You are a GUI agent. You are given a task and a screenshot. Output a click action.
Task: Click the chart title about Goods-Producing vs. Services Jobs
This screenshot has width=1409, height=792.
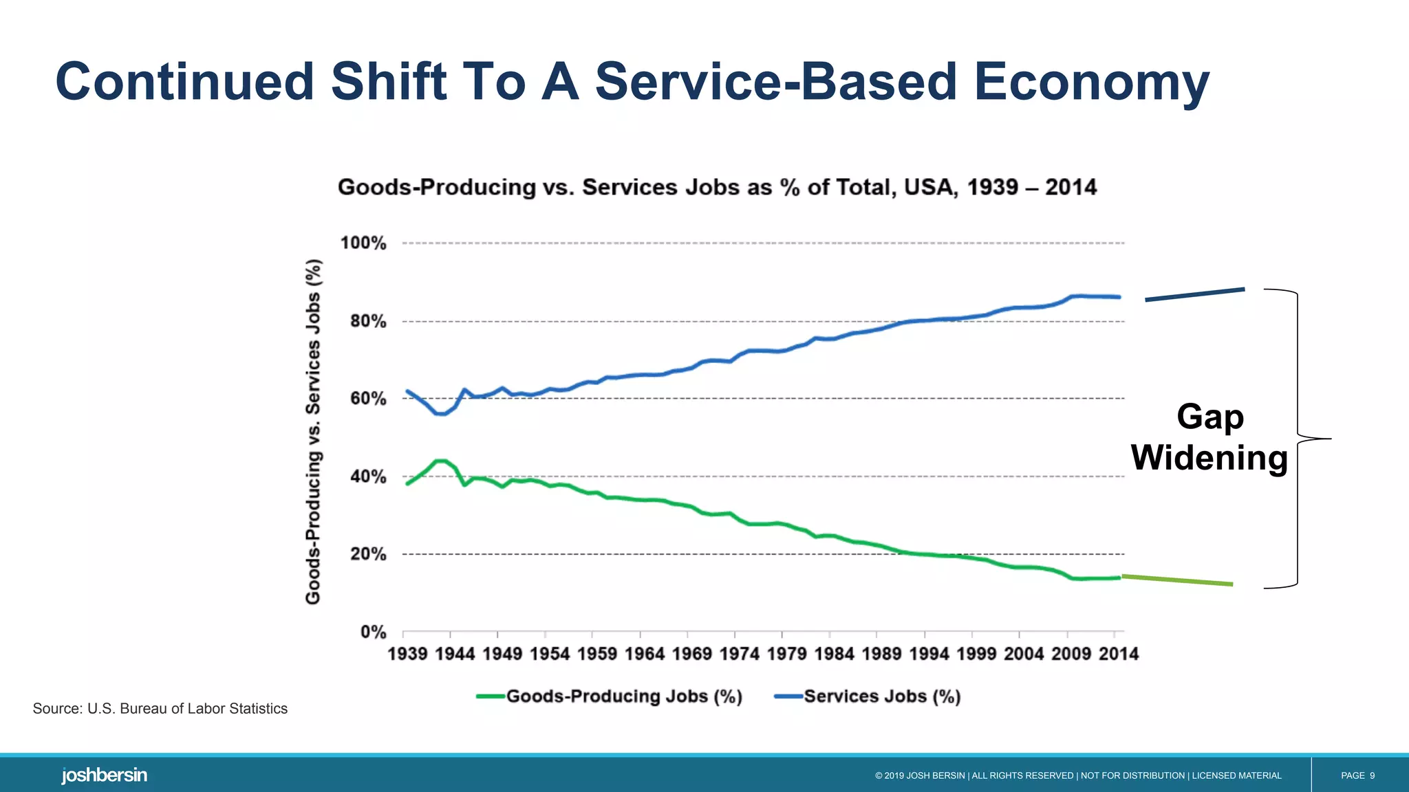coord(717,187)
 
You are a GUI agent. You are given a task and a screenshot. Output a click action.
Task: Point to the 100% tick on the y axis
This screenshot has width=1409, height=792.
coord(363,243)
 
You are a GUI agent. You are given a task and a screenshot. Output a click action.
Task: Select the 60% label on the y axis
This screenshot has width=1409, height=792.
coord(367,399)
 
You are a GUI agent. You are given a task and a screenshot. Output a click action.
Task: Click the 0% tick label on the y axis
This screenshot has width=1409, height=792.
coord(373,632)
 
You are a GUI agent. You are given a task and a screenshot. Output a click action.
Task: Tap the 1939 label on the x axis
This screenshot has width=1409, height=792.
coord(407,654)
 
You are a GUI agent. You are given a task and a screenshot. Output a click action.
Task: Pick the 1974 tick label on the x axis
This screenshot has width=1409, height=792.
coord(739,654)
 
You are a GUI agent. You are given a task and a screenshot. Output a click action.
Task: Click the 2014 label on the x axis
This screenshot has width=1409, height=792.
coord(1118,654)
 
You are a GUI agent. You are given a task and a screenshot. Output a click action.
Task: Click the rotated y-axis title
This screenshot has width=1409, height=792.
coord(313,432)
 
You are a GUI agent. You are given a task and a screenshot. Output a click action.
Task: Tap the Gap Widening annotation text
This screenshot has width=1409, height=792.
coord(1209,437)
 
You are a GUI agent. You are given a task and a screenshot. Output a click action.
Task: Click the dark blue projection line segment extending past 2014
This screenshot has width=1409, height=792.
coord(1195,294)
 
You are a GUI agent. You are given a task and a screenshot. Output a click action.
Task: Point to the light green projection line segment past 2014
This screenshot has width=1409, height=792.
coord(1177,580)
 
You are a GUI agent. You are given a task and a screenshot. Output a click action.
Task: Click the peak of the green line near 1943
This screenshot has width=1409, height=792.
coord(440,461)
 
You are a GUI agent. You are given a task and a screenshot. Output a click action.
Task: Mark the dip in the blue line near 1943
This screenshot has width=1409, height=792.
coord(440,414)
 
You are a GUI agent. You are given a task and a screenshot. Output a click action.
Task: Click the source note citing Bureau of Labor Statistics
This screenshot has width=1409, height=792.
coord(160,709)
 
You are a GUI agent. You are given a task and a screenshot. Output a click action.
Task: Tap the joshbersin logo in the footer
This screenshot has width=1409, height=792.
coord(104,775)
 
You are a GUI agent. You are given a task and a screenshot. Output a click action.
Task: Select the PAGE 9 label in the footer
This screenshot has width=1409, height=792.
coord(1357,775)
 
